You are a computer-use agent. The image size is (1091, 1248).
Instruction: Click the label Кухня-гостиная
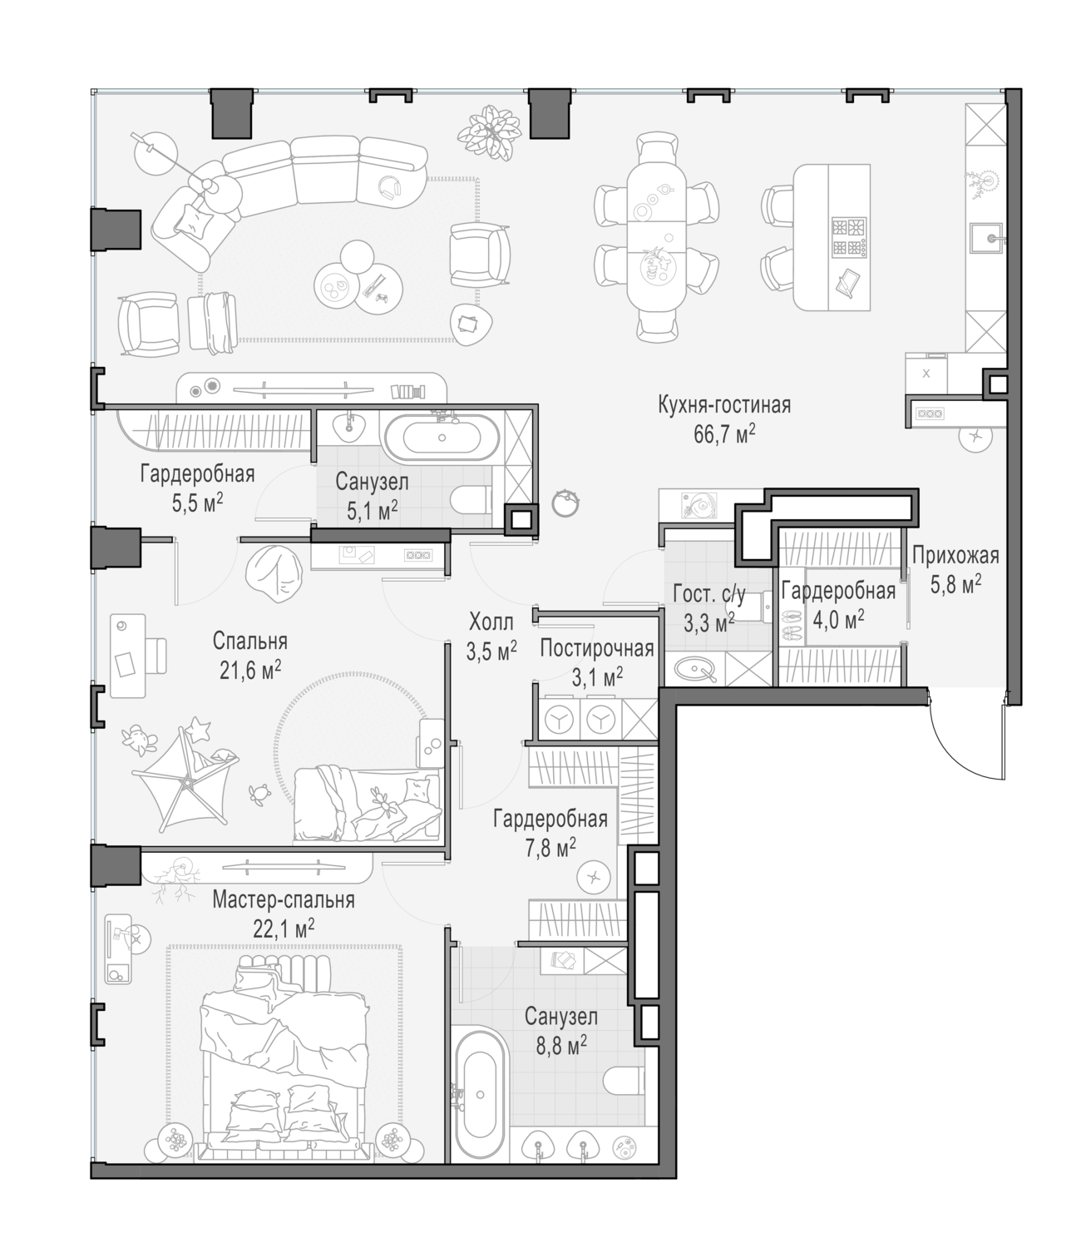coord(724,406)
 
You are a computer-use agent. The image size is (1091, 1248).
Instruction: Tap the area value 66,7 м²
coord(724,435)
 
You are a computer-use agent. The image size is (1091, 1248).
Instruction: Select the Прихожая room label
coord(955,556)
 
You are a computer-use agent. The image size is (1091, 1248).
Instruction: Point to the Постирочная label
coord(597,648)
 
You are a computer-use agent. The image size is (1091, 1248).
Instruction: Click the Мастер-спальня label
coord(284,900)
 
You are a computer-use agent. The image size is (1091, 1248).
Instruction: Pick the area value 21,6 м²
coord(250,671)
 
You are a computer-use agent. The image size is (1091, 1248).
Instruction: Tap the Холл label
coord(491,622)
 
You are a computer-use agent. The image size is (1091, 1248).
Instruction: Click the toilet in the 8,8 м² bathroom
coord(624,1082)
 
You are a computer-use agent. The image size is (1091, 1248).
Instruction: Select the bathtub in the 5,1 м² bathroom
coord(442,438)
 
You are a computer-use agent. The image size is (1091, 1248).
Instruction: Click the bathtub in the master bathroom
coord(481,1095)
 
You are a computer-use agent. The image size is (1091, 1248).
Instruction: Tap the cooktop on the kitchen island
coord(849,236)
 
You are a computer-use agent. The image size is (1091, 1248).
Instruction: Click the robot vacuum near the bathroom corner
coord(565,503)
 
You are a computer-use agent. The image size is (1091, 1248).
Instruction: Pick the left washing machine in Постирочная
coord(558,721)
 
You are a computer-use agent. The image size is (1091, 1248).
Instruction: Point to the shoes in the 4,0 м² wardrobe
coord(792,624)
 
